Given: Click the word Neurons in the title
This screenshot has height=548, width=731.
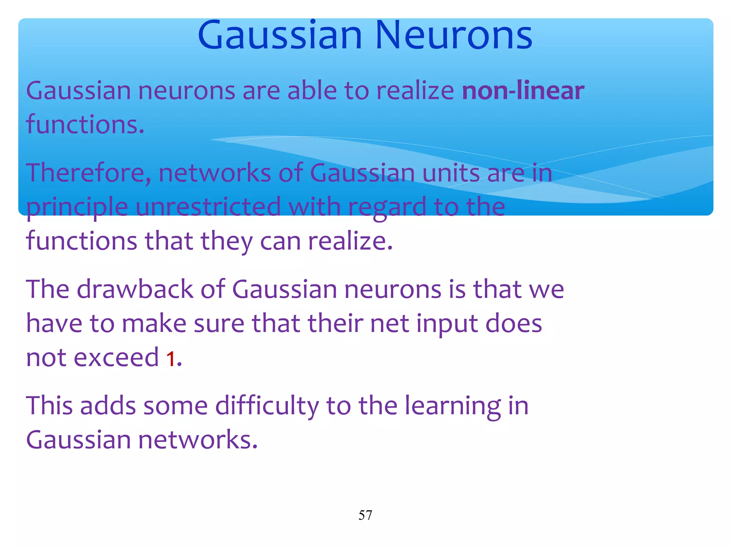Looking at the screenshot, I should [454, 36].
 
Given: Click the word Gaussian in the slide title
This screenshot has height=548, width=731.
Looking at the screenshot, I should [279, 36].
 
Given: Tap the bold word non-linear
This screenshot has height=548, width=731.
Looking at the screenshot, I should [523, 91].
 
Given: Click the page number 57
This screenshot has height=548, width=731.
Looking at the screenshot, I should [365, 515].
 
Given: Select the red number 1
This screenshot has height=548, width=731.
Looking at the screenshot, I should [171, 359].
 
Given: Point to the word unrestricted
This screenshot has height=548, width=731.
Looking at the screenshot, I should [208, 207].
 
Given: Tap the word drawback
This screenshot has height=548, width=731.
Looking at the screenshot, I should [135, 289].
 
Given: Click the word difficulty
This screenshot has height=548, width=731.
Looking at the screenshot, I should [267, 406].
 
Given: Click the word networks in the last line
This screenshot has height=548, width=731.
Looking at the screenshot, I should [197, 440].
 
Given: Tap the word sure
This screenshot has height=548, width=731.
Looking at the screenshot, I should [218, 324].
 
